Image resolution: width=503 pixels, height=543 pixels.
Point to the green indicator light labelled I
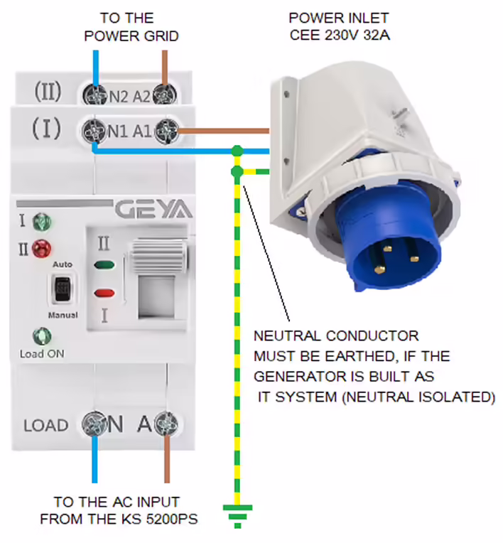[42, 222]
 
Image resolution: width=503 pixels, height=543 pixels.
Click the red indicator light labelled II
[43, 249]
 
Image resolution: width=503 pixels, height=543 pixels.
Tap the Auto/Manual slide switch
[63, 289]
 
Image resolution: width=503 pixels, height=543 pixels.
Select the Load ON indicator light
[42, 335]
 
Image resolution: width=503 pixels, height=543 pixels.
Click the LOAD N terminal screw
[94, 425]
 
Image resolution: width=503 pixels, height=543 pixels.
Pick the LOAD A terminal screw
[167, 424]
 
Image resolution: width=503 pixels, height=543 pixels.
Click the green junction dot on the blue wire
[236, 151]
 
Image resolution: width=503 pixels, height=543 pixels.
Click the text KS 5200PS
[163, 520]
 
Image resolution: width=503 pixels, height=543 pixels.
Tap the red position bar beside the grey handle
[104, 292]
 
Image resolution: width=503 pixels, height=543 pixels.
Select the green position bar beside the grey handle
[104, 267]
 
